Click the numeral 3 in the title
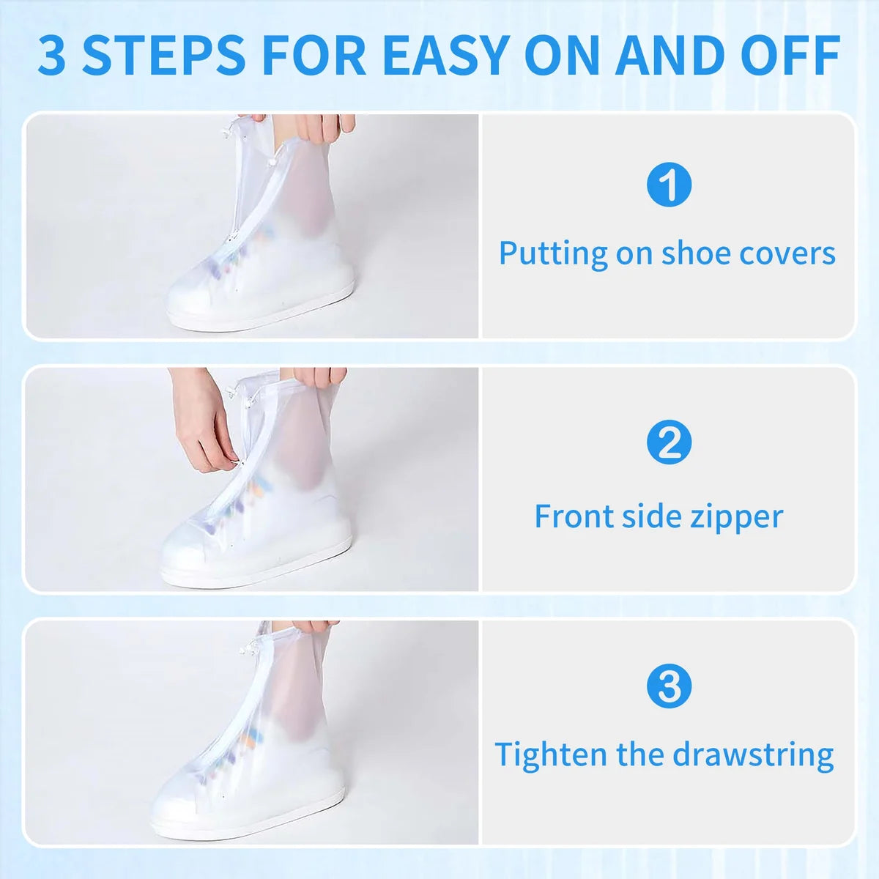pyautogui.click(x=52, y=55)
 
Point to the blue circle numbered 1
pyautogui.click(x=669, y=185)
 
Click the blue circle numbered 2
pyautogui.click(x=669, y=442)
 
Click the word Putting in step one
pyautogui.click(x=553, y=254)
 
